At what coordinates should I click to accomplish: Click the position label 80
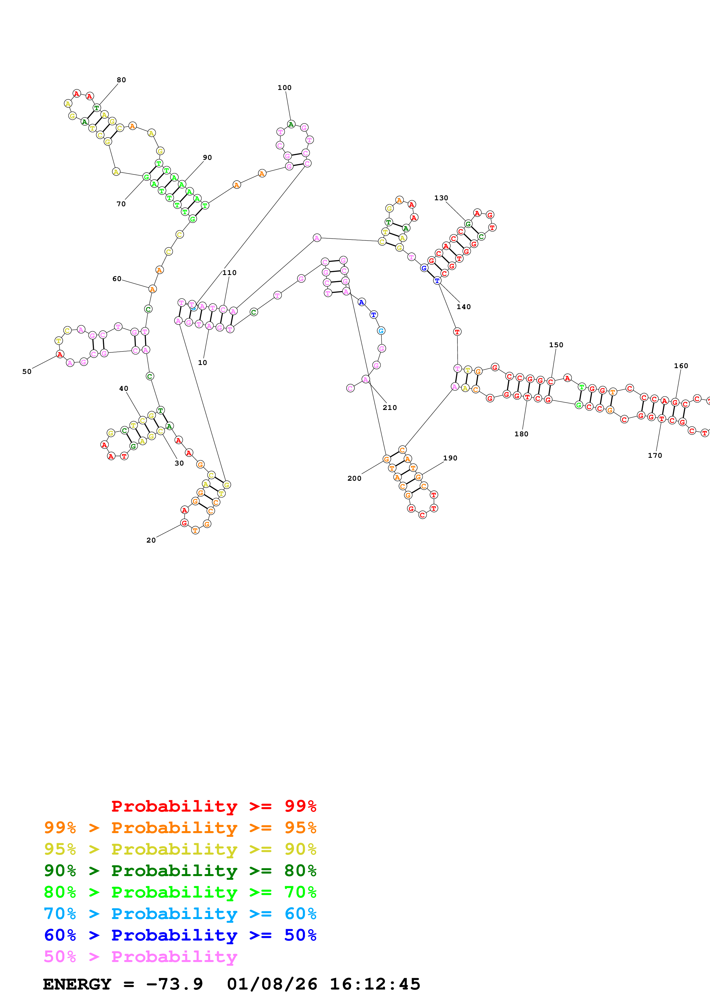tap(121, 80)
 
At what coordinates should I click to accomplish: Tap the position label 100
tap(284, 88)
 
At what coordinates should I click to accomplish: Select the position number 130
tap(441, 198)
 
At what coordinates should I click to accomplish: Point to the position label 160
tap(681, 366)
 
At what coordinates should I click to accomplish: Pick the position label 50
tap(27, 372)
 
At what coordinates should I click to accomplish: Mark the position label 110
tap(229, 273)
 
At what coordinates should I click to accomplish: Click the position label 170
tap(655, 456)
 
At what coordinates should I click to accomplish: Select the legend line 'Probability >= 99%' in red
tap(213, 806)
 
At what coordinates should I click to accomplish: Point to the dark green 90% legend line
tap(180, 871)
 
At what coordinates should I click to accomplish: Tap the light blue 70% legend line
tap(180, 914)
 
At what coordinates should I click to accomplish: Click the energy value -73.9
tap(174, 984)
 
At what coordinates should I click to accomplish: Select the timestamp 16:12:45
tap(374, 984)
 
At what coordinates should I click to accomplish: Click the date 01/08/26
tap(272, 984)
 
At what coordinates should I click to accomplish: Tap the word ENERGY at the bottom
tap(77, 984)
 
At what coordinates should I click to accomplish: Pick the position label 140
tap(464, 307)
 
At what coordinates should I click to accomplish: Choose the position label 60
tap(117, 279)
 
